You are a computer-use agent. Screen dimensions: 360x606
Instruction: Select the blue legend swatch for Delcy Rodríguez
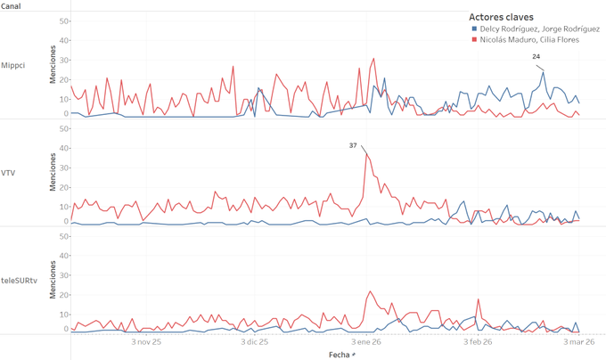click(473, 29)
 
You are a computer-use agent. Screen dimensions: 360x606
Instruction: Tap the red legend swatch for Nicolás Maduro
click(473, 39)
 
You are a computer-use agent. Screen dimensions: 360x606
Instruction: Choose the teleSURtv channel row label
click(19, 281)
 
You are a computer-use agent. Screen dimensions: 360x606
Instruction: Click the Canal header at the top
click(12, 5)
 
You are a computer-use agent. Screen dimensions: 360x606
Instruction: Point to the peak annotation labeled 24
click(536, 56)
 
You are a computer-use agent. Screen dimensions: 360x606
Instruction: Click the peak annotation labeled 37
click(353, 145)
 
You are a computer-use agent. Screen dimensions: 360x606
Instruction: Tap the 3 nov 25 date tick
click(145, 340)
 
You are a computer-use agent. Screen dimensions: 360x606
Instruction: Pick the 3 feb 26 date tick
click(479, 340)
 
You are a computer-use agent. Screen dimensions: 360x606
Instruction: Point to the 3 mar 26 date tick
click(580, 340)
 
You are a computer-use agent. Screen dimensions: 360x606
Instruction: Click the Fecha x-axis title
click(340, 354)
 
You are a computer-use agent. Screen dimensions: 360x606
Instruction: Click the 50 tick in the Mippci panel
click(63, 20)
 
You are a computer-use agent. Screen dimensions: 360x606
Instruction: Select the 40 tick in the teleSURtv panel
click(63, 256)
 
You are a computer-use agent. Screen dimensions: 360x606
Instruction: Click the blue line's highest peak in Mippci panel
click(544, 71)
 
